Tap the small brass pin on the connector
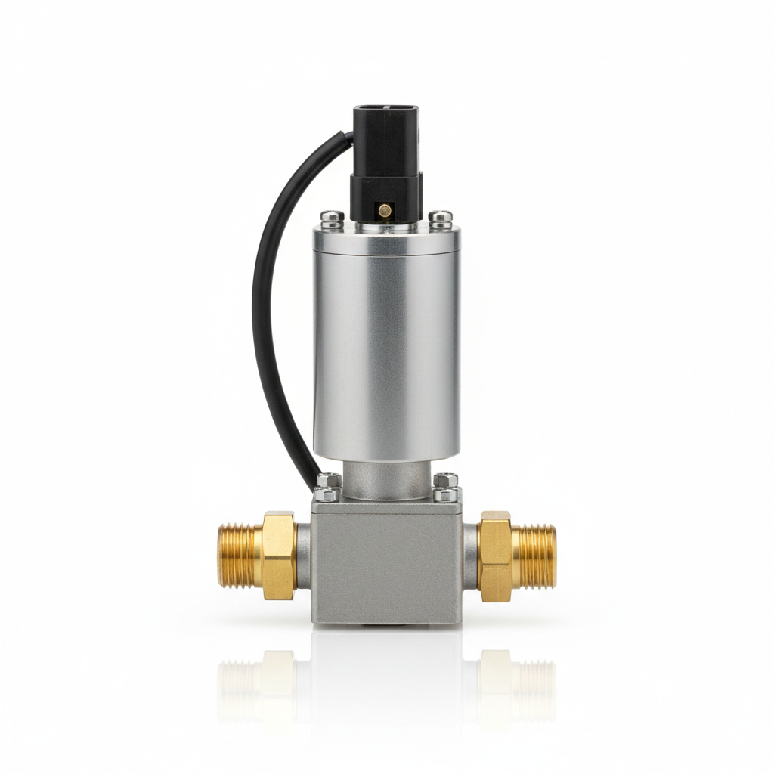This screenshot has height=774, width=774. pyautogui.click(x=385, y=209)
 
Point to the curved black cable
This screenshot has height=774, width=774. pyautogui.click(x=268, y=302)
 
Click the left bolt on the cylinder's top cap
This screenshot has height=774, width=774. pyautogui.click(x=332, y=218)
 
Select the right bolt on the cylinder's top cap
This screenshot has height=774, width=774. pyautogui.click(x=440, y=218)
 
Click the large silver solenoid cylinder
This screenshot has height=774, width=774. pyautogui.click(x=386, y=340)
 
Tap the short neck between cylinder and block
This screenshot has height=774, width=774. pyautogui.click(x=386, y=479)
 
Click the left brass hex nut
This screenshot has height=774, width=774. pyautogui.click(x=279, y=555)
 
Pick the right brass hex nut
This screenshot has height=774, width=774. pyautogui.click(x=495, y=556)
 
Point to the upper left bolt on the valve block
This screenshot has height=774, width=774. pyautogui.click(x=330, y=481)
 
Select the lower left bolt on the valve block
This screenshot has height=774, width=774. pyautogui.click(x=327, y=495)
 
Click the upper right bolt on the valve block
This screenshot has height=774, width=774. pyautogui.click(x=446, y=480)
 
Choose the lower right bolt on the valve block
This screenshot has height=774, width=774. pyautogui.click(x=447, y=495)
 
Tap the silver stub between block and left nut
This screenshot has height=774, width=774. pyautogui.click(x=303, y=556)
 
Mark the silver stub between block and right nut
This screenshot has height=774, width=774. pyautogui.click(x=470, y=556)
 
